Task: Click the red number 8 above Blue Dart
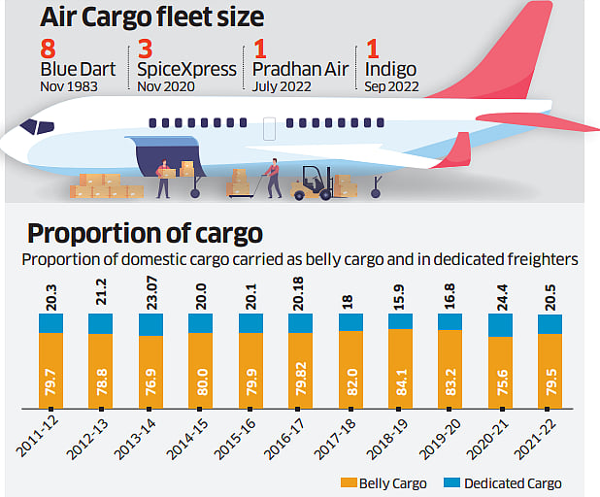tap(47, 50)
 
